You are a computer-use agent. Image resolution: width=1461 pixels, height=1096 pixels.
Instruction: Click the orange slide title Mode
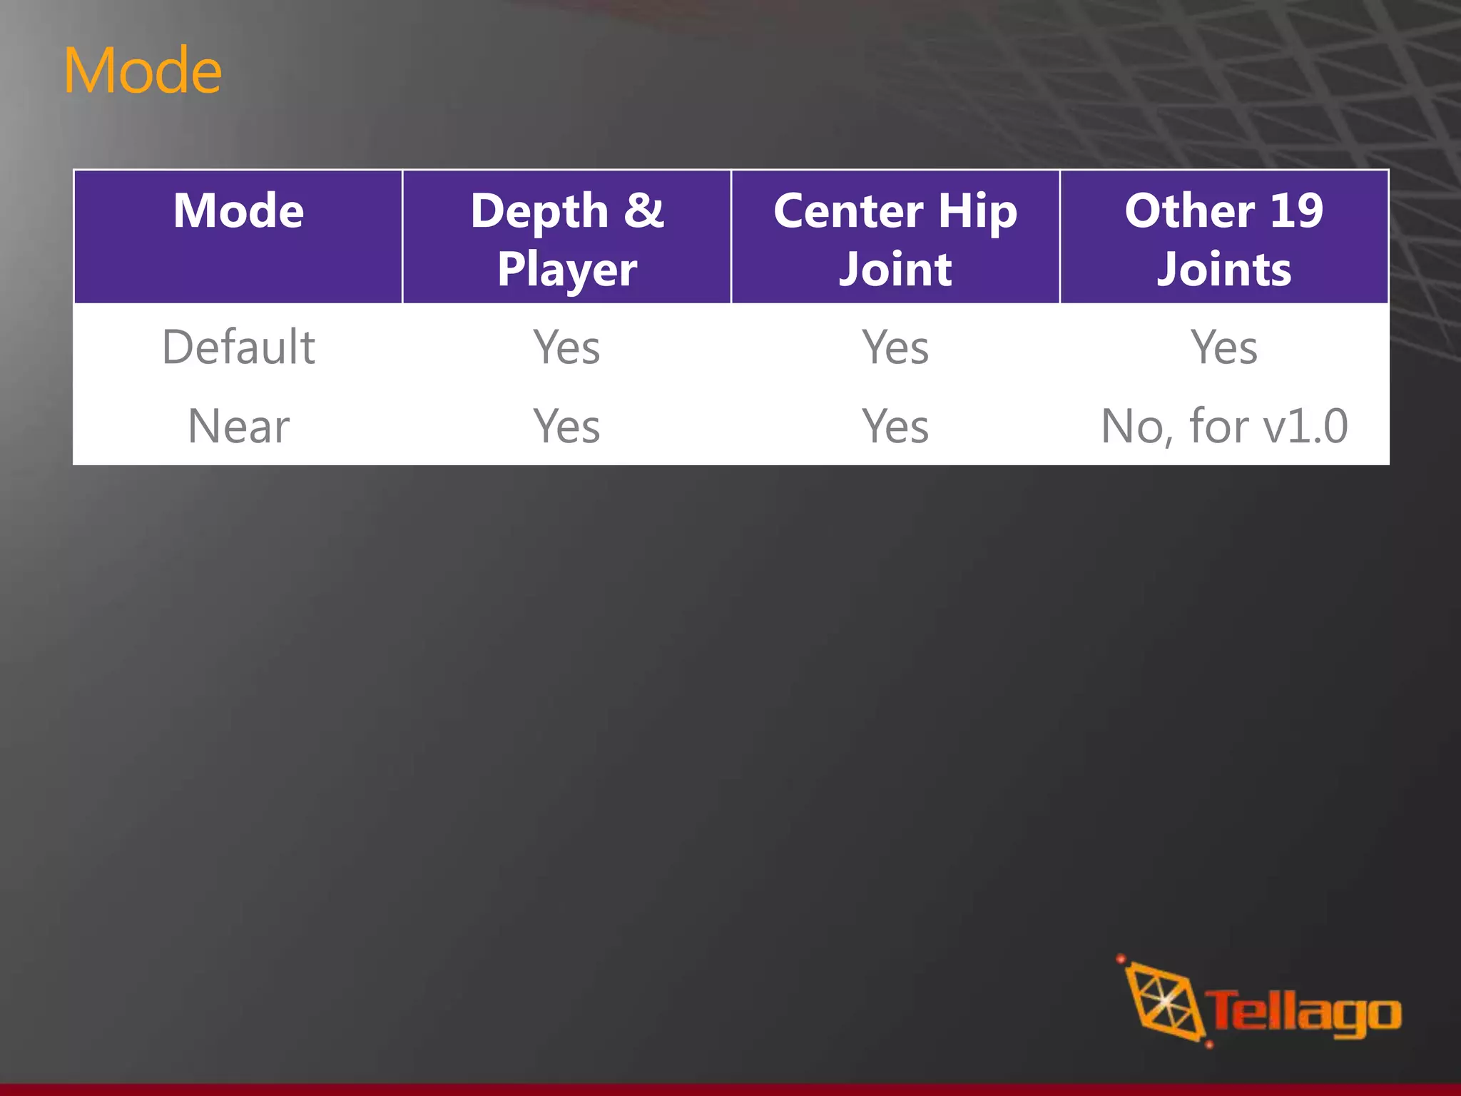point(143,71)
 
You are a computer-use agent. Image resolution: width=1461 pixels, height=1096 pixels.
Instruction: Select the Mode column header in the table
point(238,211)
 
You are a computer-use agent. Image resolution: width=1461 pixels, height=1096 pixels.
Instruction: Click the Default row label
point(238,347)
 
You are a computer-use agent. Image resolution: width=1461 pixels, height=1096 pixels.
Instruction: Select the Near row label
point(238,426)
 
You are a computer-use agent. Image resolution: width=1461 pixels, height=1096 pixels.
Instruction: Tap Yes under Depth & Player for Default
point(567,347)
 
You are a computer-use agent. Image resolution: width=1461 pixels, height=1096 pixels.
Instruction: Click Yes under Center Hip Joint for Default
point(895,347)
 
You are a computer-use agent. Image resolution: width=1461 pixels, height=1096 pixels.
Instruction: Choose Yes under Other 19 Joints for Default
point(1224,347)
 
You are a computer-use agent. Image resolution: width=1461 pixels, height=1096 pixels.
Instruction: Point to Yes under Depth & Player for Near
point(567,426)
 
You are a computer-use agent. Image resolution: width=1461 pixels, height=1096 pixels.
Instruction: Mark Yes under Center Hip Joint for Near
point(895,426)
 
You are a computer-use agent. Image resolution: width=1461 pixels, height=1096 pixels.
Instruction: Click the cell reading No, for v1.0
point(1224,426)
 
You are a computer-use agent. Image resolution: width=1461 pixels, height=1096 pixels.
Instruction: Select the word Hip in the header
point(977,213)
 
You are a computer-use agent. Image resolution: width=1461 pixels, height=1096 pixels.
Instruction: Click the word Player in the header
point(567,270)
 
